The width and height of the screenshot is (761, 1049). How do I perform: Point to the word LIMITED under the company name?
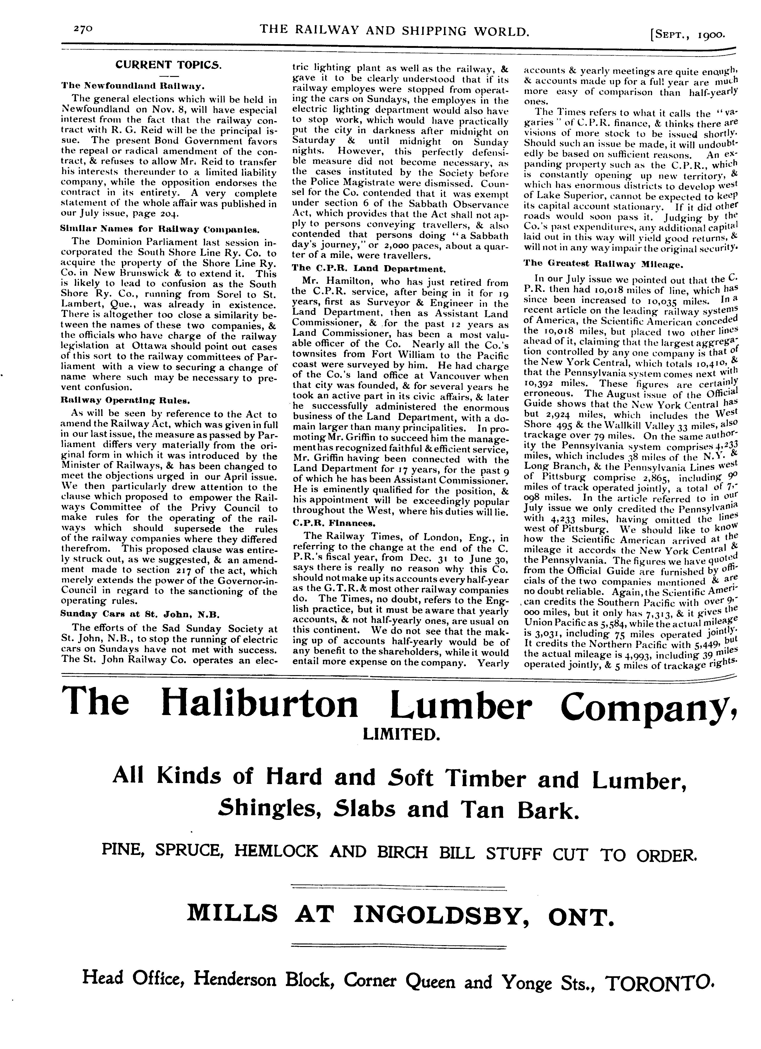[400, 734]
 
